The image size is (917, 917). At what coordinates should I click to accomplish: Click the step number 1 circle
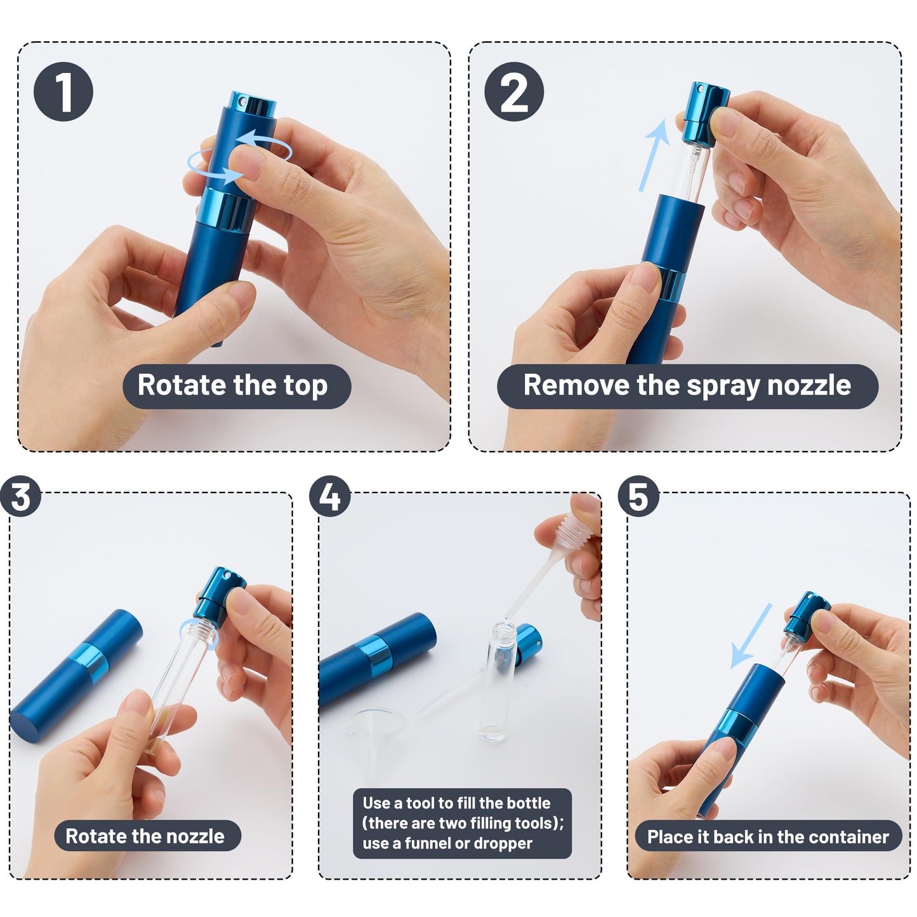[63, 91]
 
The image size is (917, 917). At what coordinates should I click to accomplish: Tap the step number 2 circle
[514, 91]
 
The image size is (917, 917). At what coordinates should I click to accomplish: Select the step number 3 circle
[20, 496]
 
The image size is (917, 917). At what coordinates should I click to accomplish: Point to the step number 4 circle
[329, 496]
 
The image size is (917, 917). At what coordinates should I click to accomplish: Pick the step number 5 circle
[638, 496]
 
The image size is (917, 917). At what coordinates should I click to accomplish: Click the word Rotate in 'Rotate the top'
[181, 385]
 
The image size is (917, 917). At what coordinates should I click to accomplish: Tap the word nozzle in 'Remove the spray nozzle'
[808, 385]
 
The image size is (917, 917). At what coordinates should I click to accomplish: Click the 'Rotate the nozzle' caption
[145, 836]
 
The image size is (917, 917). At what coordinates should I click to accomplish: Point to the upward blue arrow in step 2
[654, 155]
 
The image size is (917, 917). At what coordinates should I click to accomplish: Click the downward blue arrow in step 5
[751, 636]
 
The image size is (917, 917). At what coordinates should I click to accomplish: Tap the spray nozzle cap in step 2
[705, 114]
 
